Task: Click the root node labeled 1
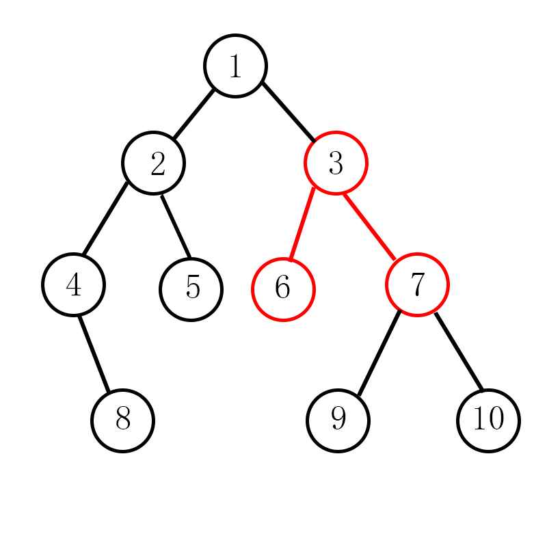pos(235,66)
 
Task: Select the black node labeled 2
pos(153,163)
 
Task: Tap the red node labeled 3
pos(336,163)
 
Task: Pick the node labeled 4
pos(73,284)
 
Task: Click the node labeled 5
pos(191,289)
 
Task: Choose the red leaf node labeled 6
pos(283,289)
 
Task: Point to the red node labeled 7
pos(417,284)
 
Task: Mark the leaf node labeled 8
pos(123,420)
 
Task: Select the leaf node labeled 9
pos(338,420)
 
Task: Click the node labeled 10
pos(488,420)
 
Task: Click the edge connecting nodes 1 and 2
pos(194,114)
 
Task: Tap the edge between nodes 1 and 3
pos(289,112)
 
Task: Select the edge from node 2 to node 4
pos(105,218)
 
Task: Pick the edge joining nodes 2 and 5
pos(175,226)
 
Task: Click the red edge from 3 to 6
pos(302,223)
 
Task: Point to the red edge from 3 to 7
pos(370,227)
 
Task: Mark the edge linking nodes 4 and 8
pos(94,353)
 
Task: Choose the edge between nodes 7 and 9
pos(378,352)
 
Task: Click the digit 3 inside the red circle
pos(336,163)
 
